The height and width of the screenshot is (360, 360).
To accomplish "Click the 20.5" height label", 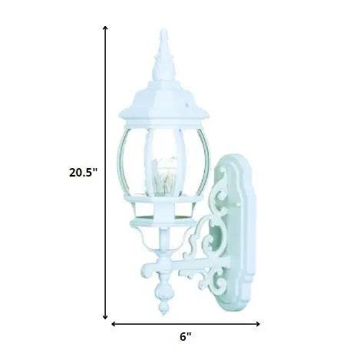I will (x=81, y=173).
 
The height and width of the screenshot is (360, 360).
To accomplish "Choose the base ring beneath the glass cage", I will (x=162, y=223).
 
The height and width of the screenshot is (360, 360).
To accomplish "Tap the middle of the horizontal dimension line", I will (x=186, y=325).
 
